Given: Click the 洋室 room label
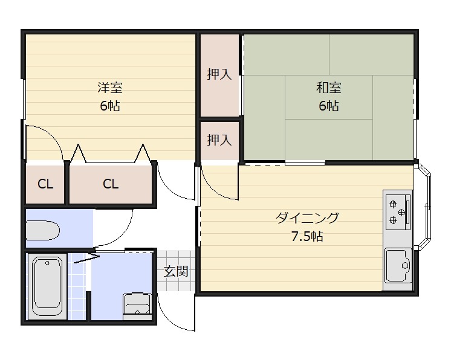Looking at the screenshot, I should tap(110, 88).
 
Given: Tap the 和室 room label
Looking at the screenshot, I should tap(329, 88).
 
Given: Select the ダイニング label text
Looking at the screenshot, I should tap(307, 217).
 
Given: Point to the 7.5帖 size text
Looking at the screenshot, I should tap(307, 236).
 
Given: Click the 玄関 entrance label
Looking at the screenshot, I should tap(176, 271).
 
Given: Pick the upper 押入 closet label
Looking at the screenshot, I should tap(219, 75).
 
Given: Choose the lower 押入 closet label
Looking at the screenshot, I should tap(219, 140).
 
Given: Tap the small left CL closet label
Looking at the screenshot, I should tap(45, 184).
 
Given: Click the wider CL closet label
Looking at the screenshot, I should tap(111, 184).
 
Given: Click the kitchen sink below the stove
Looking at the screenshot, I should tap(398, 265).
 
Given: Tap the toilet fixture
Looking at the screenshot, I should tap(42, 230).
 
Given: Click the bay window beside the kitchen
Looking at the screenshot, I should tap(426, 208).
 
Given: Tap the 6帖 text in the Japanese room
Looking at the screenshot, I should tap(329, 106).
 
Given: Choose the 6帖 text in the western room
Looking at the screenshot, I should tap(110, 106).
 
